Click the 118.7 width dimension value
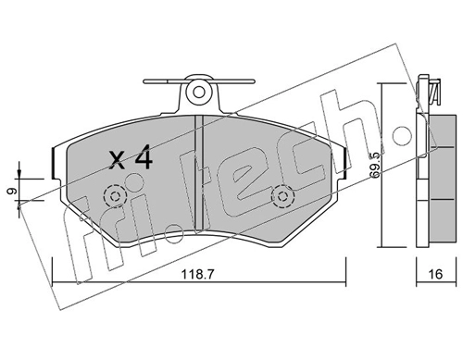(197, 274)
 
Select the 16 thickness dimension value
(436, 274)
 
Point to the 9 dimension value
(10, 192)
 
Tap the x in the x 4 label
(118, 161)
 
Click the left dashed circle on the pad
(116, 196)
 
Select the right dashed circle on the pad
(282, 196)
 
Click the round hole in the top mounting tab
(199, 92)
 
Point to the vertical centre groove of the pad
(199, 173)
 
